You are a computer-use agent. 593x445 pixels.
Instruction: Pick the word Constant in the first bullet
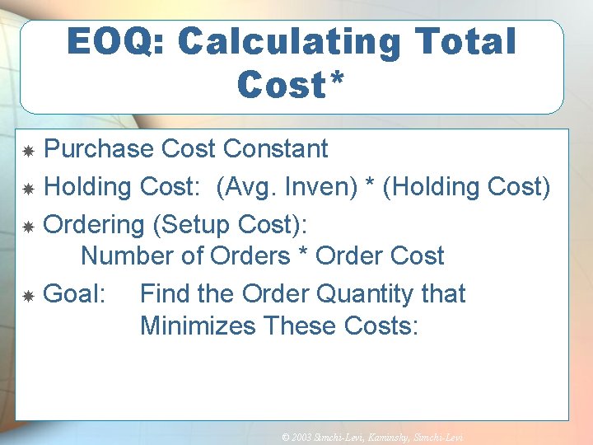point(276,149)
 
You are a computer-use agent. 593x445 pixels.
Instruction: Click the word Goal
point(72,293)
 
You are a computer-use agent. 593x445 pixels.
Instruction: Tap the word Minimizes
point(198,326)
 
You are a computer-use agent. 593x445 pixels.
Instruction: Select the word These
point(300,326)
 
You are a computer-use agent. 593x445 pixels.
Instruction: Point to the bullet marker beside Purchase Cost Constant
point(28,151)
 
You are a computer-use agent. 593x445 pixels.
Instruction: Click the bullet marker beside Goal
point(28,295)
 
